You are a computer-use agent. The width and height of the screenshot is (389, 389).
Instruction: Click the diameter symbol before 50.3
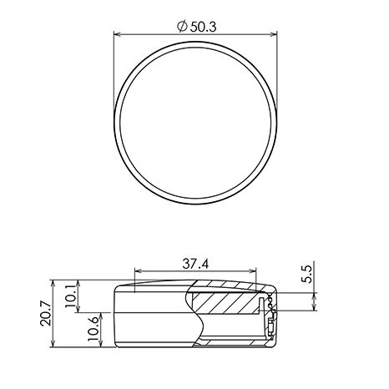[x=182, y=27]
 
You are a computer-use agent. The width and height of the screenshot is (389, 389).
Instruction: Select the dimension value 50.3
[x=204, y=27]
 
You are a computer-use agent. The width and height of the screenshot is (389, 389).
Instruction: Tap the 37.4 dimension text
[x=195, y=264]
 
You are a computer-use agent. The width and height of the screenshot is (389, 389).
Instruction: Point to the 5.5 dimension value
[x=308, y=274]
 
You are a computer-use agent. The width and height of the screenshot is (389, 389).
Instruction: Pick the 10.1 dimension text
[x=70, y=296]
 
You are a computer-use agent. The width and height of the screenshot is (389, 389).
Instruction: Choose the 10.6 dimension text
[x=93, y=329]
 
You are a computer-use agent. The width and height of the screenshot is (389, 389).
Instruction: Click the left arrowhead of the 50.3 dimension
[x=117, y=34]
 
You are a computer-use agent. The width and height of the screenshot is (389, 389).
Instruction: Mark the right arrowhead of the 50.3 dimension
[x=274, y=34]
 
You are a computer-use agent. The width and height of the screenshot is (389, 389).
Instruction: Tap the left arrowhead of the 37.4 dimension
[x=138, y=270]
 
